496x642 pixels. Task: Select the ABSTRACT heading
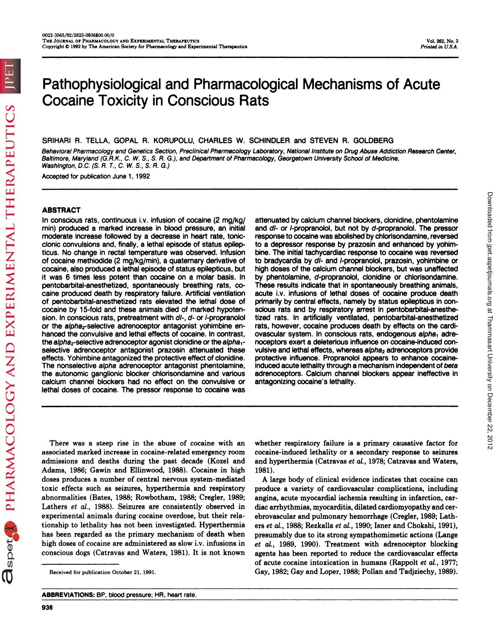pyautogui.click(x=61, y=210)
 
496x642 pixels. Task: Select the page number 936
pyautogui.click(x=47, y=607)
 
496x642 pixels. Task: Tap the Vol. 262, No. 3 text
pyautogui.click(x=442, y=41)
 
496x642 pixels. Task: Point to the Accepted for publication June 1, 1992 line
pyautogui.click(x=96, y=176)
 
